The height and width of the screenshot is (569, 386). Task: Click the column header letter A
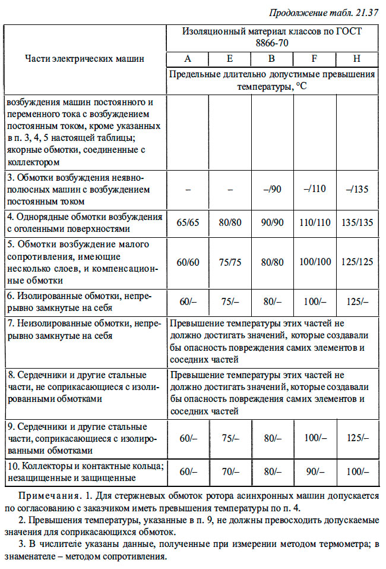point(188,59)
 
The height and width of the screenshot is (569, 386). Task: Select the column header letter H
point(357,59)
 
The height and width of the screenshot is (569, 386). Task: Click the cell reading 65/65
point(188,222)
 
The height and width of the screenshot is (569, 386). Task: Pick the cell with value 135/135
point(357,222)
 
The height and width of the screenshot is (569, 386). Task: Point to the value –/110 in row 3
point(315,190)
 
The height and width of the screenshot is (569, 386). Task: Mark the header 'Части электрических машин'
point(84,59)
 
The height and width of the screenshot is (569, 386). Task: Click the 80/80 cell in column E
point(230,222)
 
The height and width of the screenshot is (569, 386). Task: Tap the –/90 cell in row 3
point(272,190)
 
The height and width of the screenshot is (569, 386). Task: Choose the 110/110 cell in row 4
point(315,222)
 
